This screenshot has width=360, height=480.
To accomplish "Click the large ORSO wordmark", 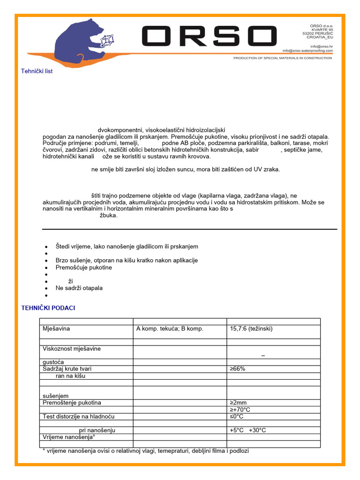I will [x=209, y=37].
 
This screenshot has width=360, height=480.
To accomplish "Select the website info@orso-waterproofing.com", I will [x=307, y=51].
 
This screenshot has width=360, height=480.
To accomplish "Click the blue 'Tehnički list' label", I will [x=37, y=71].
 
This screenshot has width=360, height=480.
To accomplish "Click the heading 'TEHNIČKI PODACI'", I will [x=48, y=308].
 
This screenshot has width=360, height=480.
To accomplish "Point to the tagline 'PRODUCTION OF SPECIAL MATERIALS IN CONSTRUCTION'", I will [x=283, y=58].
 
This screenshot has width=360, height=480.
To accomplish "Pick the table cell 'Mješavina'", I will [x=56, y=329].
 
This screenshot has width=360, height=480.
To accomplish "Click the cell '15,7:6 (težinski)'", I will [x=251, y=329].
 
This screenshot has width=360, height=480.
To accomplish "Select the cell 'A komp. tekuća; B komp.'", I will [x=170, y=329].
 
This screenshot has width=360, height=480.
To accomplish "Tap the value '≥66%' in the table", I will [x=237, y=369].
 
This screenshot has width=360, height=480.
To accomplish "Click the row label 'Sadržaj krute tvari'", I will [x=67, y=369].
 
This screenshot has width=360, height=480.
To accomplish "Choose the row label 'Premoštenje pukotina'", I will [x=72, y=403].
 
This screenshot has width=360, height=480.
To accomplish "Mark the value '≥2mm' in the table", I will [x=238, y=403].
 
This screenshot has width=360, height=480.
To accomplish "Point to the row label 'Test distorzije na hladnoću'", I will [x=78, y=416].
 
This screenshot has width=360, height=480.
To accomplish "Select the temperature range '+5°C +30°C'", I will [x=247, y=430].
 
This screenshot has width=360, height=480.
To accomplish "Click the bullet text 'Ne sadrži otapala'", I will [x=79, y=288].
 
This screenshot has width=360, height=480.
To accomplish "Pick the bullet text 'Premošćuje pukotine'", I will [x=84, y=268].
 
